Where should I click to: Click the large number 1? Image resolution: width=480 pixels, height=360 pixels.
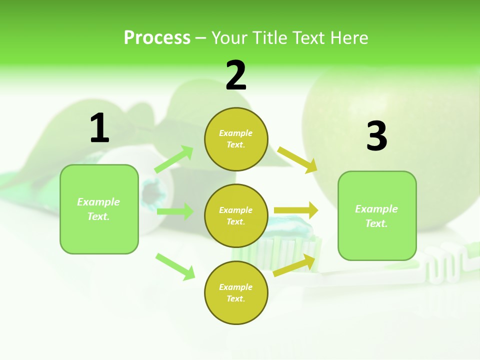click(99, 128)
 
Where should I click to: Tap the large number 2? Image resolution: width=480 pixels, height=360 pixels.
click(236, 75)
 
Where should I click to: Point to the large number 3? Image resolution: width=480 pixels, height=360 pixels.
click(377, 136)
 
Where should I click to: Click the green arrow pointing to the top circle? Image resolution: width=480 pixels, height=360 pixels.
click(174, 159)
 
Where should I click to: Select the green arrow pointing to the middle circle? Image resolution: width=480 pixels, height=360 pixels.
click(175, 211)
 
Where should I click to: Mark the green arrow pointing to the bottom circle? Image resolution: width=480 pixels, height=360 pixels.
click(175, 266)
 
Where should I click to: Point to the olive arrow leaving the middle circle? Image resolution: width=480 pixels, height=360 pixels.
click(295, 210)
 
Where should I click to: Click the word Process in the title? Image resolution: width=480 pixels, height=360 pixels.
click(157, 37)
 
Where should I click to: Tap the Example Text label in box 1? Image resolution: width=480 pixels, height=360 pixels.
click(98, 209)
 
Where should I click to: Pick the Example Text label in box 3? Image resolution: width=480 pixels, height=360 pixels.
click(376, 216)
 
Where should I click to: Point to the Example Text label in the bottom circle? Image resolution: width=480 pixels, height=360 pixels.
click(236, 293)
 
